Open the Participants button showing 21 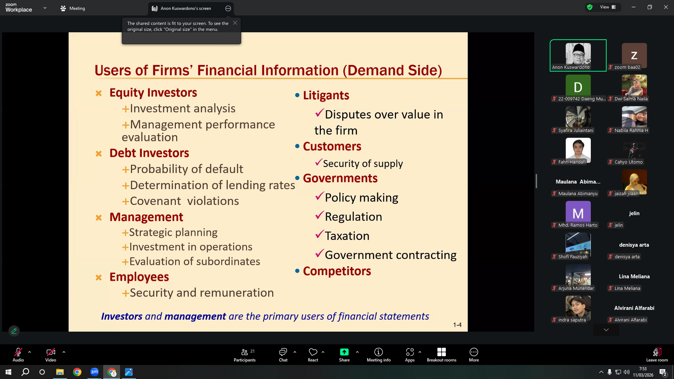[x=245, y=355]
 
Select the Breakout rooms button [x=441, y=355]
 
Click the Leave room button [x=657, y=355]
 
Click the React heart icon [x=313, y=352]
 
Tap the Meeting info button [x=378, y=355]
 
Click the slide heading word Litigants [x=326, y=95]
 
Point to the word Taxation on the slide [x=347, y=236]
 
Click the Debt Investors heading [x=149, y=153]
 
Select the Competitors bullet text [x=337, y=271]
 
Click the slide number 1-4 [x=457, y=325]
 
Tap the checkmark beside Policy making [x=319, y=196]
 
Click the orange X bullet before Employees [x=99, y=278]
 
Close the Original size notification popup [x=235, y=23]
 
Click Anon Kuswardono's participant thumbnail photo [x=578, y=53]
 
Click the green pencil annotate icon [x=14, y=331]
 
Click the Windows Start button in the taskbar [x=8, y=372]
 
